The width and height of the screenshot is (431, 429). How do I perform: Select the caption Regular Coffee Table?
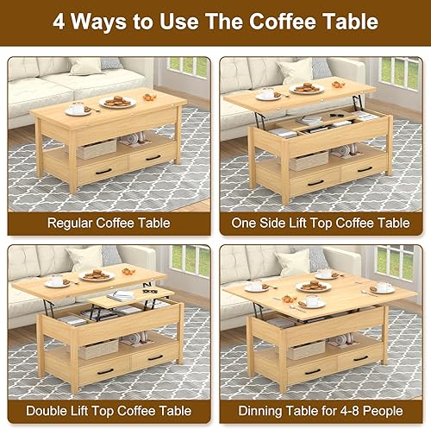coord(109,222)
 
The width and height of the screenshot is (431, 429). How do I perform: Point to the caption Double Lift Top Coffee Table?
coord(109,410)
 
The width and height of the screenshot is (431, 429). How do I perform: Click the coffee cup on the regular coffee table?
coord(78,108)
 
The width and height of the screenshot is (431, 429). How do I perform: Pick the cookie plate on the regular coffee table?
coord(117,102)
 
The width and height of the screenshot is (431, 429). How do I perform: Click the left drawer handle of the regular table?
coord(103,171)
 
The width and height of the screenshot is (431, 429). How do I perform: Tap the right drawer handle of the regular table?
coord(154,158)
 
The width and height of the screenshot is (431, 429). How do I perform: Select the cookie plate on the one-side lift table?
coord(306,88)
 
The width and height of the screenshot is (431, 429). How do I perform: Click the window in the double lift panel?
coord(189,259)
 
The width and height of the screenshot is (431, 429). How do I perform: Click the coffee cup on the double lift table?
coord(57,281)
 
